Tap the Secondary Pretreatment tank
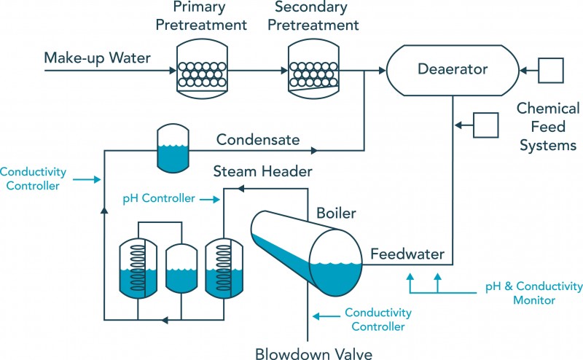click(x=312, y=71)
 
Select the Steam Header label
click(x=262, y=171)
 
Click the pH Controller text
click(x=159, y=197)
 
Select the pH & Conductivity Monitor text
click(x=535, y=292)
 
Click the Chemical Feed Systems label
click(x=547, y=127)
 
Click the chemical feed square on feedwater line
click(x=485, y=124)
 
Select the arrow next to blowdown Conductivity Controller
click(x=324, y=316)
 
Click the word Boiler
click(x=336, y=214)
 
